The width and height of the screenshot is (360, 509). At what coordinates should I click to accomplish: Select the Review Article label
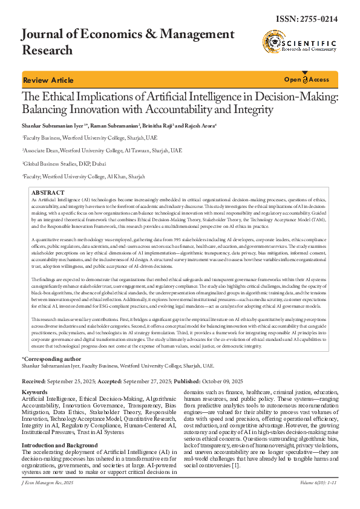48,80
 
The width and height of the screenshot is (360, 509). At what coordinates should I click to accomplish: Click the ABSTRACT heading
47,192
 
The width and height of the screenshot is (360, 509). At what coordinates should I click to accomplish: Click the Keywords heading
34,392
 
